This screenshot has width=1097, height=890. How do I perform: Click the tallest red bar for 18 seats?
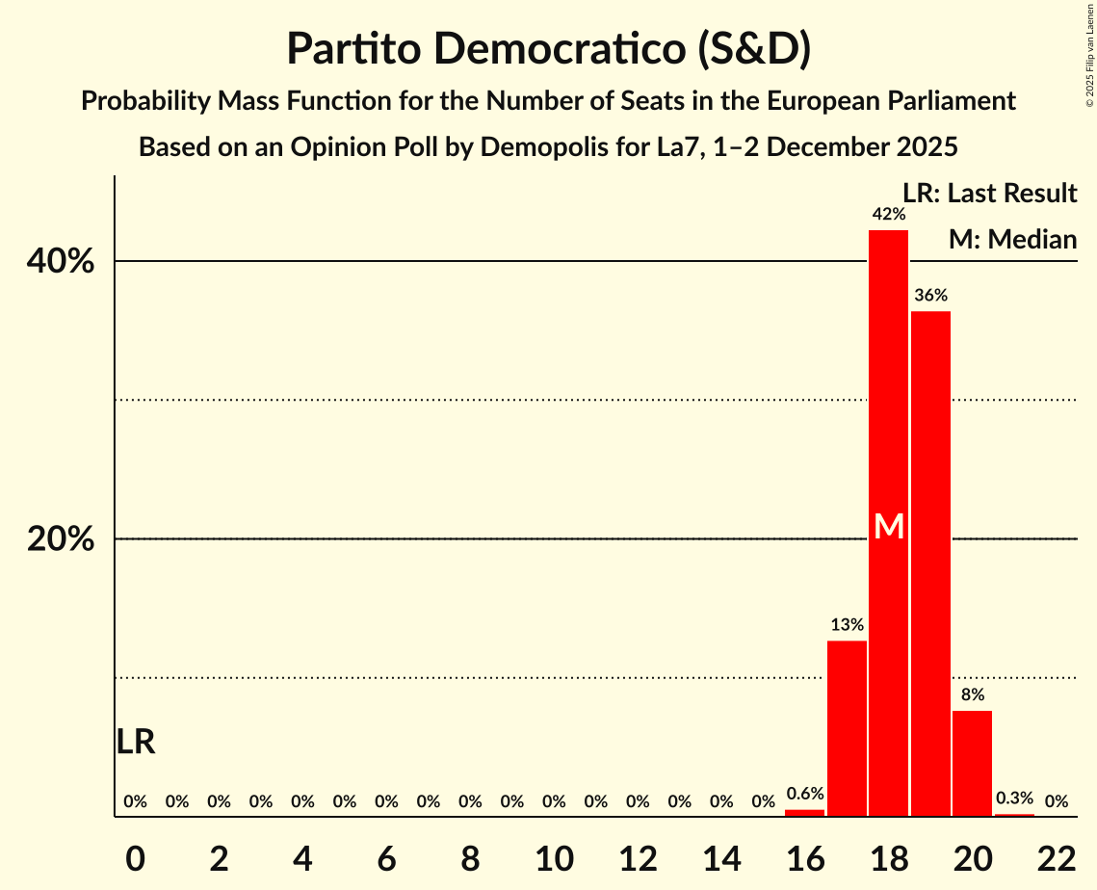click(x=888, y=385)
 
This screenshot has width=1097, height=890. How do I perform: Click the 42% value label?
click(x=888, y=215)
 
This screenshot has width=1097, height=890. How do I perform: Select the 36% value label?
click(x=930, y=296)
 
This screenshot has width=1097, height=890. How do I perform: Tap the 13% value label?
click(x=847, y=625)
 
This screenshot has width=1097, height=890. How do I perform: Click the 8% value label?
click(x=972, y=694)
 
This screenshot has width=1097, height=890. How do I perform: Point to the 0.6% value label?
click(x=804, y=795)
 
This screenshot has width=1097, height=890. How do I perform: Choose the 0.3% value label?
click(x=1013, y=798)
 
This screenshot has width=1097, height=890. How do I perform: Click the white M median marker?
click(x=889, y=527)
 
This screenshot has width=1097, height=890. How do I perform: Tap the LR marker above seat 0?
click(x=136, y=742)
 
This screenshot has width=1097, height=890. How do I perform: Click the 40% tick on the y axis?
click(x=61, y=262)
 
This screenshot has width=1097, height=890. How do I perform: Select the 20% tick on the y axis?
click(x=61, y=539)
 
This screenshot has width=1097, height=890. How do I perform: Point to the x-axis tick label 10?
click(x=554, y=856)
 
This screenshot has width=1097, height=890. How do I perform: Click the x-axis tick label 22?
click(x=1056, y=856)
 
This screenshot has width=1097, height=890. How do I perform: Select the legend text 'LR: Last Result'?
click(x=989, y=194)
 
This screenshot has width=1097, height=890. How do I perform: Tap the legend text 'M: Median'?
click(x=1011, y=240)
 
